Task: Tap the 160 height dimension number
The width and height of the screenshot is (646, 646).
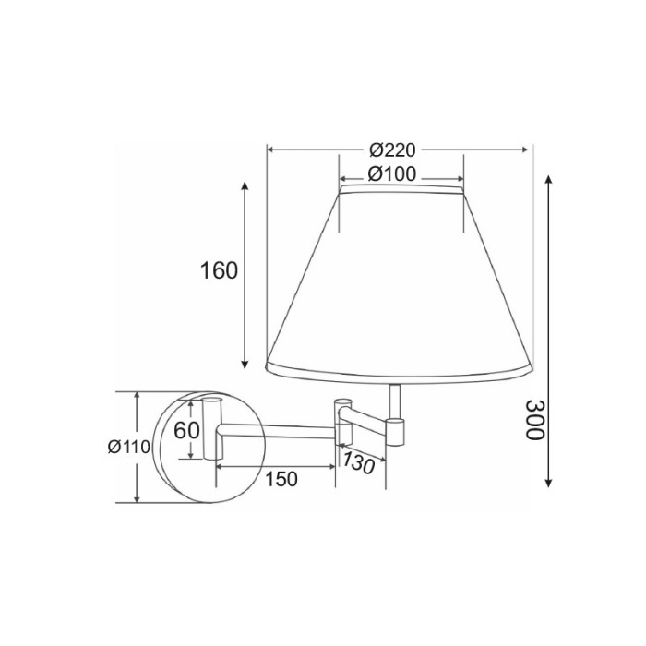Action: (x=219, y=270)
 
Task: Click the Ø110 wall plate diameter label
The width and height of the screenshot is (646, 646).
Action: (x=128, y=447)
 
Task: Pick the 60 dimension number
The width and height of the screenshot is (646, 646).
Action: (x=186, y=430)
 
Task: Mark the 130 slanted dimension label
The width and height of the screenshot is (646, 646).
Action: (x=358, y=462)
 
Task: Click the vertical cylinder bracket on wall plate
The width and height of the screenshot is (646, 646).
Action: (x=211, y=428)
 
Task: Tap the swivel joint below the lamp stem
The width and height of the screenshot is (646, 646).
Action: (x=395, y=429)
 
